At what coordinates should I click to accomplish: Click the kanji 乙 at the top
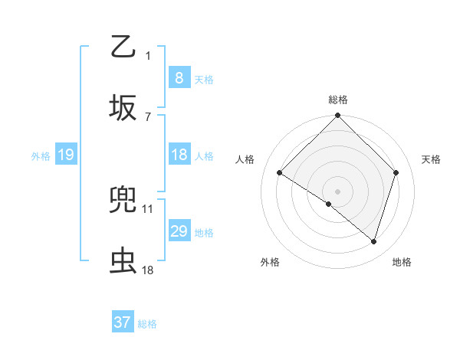coord(123,47)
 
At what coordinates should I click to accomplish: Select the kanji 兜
coord(123,201)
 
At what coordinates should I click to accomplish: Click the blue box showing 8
coord(179,77)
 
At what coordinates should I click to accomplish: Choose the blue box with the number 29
coord(179,231)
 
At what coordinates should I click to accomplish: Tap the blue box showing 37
coord(123,322)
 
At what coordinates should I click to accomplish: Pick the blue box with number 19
coord(65,155)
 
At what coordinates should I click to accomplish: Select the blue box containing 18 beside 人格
coord(179,155)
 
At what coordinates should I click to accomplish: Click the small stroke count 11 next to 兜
coord(148,208)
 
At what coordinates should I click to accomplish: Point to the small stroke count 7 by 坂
coord(148,116)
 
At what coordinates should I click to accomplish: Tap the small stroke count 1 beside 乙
coord(148,55)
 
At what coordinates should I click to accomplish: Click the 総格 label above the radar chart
coord(338,100)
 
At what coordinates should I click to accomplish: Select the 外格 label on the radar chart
coord(270,262)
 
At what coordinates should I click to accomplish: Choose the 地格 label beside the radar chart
coord(402,262)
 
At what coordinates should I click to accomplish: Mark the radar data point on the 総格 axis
coord(337,116)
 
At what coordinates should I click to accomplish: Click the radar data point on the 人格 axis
coord(280,173)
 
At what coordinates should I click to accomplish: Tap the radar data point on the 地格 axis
coord(373,241)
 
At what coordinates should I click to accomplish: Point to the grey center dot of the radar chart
coord(337,191)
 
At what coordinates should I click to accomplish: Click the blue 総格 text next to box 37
coord(147,324)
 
